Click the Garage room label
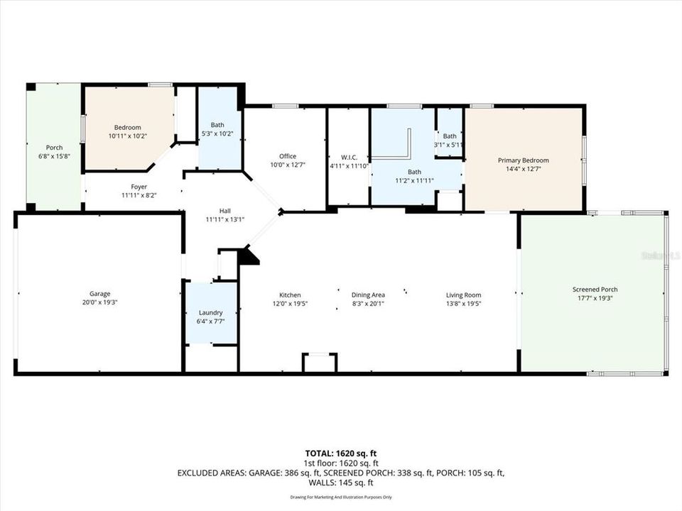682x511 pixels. [99, 294]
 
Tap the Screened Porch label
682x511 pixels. [595, 290]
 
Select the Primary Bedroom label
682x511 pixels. [523, 160]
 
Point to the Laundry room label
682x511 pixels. [210, 312]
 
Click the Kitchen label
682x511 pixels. [290, 295]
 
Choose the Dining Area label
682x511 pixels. [368, 295]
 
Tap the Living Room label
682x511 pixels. [463, 295]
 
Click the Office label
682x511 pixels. [288, 156]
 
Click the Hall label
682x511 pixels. [224, 211]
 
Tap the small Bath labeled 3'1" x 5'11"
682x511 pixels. [450, 136]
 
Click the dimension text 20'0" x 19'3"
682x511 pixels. [99, 302]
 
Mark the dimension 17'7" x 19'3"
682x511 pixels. [595, 298]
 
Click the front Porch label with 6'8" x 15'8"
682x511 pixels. [54, 148]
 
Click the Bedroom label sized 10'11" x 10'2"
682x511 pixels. [124, 128]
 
